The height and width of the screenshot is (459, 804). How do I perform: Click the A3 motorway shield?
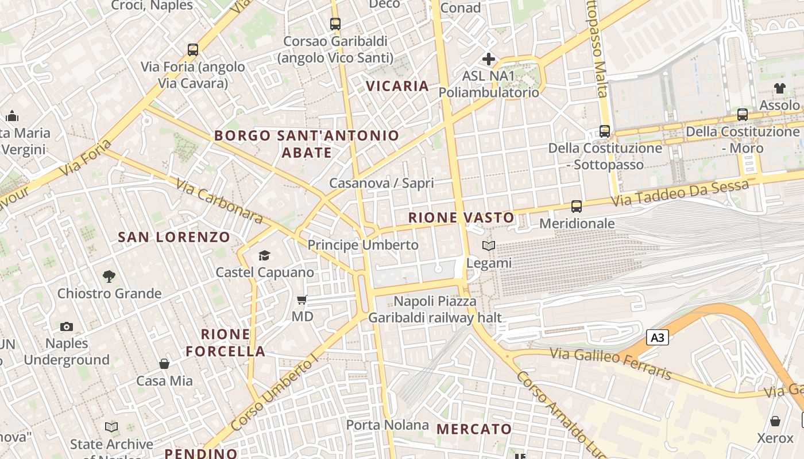coord(658,337)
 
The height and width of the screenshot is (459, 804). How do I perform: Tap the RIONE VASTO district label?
coord(461,217)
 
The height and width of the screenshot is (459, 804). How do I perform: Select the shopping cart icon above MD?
coord(302,299)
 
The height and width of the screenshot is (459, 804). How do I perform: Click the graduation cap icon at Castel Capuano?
coord(264,255)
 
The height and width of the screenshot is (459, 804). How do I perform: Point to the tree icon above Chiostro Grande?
coord(109,277)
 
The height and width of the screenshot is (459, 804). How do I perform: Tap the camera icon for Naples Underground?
coord(67,326)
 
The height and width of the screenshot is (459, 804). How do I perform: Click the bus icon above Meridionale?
coord(577,206)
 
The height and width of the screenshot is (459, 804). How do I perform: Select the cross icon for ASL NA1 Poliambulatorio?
coord(489,59)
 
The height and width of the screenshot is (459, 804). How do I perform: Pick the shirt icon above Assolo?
coord(779,88)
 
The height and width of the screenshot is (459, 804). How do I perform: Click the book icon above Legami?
coord(489,246)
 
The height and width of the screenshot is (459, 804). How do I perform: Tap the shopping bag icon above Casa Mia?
coord(164,364)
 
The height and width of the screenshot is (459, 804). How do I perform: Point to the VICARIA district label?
coord(397,86)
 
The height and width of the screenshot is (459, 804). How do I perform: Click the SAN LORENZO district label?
coord(174,237)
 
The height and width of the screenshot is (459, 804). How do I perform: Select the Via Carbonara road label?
coord(219,201)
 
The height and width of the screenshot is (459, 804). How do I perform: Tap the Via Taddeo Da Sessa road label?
coord(681,193)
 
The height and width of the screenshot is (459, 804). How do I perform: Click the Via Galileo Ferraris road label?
coord(611,364)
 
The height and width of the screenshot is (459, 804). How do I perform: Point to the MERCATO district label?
coord(474,429)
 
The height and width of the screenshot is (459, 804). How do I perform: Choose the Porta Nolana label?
coord(387,425)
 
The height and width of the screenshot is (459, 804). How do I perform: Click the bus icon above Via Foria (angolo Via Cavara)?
coord(193,50)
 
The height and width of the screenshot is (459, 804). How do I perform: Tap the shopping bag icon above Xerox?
coord(775,422)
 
